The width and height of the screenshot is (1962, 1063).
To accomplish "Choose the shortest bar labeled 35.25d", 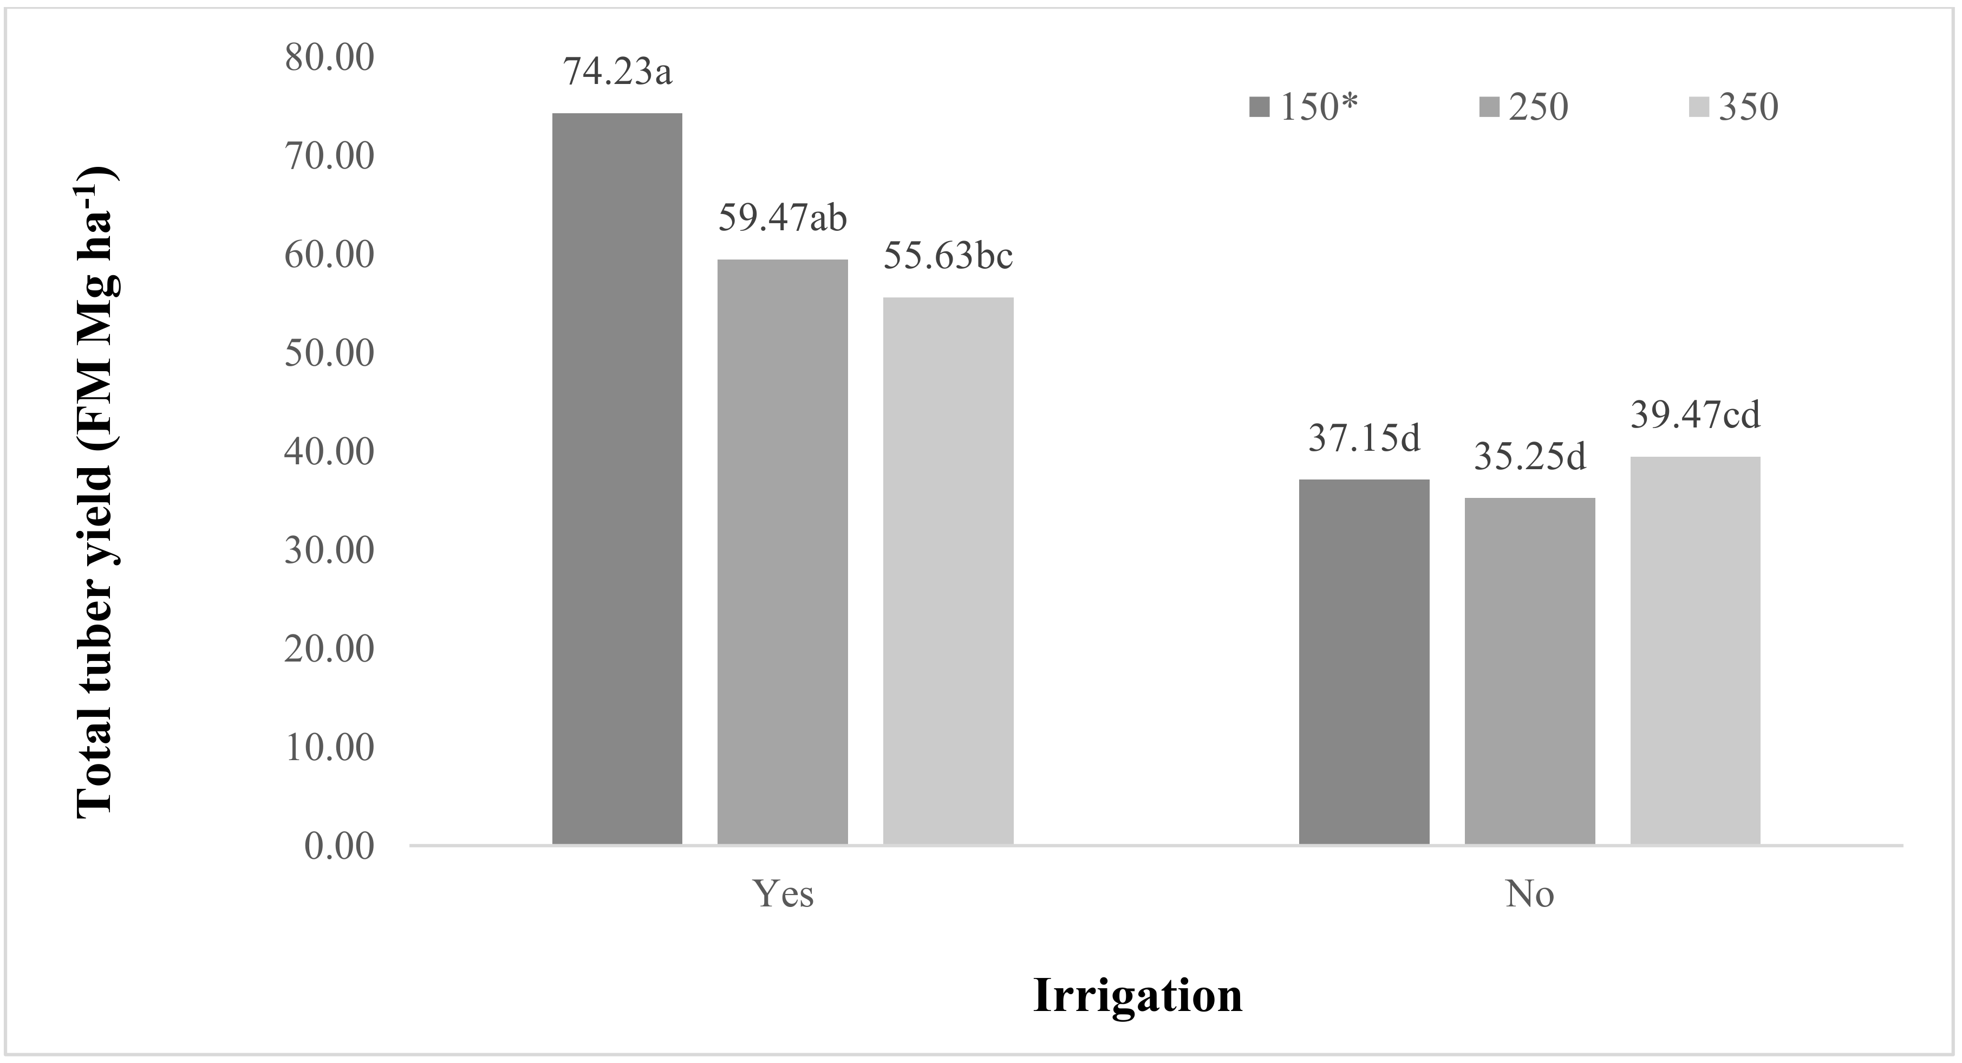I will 1529,671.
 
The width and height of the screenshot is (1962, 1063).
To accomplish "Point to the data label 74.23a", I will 618,73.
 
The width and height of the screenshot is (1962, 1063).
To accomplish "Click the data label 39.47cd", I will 1696,416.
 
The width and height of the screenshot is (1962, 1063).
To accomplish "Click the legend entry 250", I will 1526,107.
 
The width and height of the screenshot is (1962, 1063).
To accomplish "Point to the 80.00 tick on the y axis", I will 330,58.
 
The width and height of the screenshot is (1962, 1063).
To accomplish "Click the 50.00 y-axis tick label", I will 330,354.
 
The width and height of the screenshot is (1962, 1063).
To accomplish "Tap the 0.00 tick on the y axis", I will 339,846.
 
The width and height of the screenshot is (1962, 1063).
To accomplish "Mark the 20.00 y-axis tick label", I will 330,649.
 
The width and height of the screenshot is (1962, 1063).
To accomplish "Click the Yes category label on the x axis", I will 783,894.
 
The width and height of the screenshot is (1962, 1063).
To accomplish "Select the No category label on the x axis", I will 1529,894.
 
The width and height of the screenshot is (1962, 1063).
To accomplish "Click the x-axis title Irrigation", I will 1137,996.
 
